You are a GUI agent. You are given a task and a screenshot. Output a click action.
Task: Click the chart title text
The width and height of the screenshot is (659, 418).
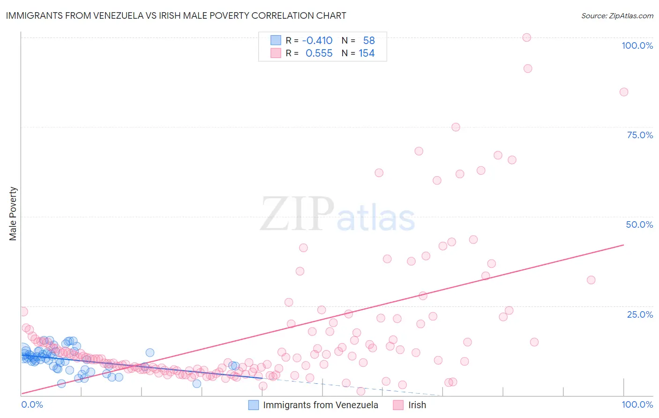[176, 15]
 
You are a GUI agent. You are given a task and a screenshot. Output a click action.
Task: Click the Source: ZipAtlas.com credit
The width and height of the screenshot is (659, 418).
[617, 15]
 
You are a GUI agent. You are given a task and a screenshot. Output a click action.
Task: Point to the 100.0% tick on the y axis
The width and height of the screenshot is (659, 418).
[637, 45]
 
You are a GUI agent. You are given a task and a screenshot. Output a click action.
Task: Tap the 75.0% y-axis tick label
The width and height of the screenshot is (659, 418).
[640, 135]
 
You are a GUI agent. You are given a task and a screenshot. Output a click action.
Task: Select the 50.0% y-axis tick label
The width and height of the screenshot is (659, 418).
[639, 224]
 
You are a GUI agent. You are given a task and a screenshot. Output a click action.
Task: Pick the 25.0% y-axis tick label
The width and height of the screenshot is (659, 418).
[640, 314]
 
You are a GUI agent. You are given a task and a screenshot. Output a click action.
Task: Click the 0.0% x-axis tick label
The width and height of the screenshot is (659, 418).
[32, 404]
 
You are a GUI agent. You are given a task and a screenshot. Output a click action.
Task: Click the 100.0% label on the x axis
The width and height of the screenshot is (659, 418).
[637, 404]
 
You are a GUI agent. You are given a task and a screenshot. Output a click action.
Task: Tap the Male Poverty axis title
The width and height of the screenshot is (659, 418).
[13, 214]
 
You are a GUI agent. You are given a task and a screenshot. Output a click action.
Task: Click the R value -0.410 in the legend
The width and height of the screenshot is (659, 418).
[317, 41]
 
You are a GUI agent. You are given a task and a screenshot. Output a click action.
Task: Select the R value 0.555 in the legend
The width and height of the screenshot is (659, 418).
[319, 53]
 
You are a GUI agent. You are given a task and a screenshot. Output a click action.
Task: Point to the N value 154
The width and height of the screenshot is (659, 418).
[367, 53]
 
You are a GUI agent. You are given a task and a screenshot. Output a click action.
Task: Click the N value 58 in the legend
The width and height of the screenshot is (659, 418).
[369, 41]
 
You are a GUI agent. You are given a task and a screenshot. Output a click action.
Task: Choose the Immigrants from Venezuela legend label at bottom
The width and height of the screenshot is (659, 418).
[321, 405]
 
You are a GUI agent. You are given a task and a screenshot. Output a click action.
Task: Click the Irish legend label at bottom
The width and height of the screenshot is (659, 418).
[417, 405]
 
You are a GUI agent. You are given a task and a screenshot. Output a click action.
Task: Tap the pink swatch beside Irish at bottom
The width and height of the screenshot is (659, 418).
[398, 405]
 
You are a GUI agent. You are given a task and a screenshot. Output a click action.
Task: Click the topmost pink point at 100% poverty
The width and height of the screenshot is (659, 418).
[526, 37]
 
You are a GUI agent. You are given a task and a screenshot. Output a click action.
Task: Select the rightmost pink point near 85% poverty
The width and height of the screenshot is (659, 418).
[623, 92]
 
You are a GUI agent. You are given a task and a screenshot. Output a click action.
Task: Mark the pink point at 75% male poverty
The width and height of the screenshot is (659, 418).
[456, 127]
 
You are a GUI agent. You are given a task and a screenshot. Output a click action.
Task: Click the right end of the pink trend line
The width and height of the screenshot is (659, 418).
[623, 245]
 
